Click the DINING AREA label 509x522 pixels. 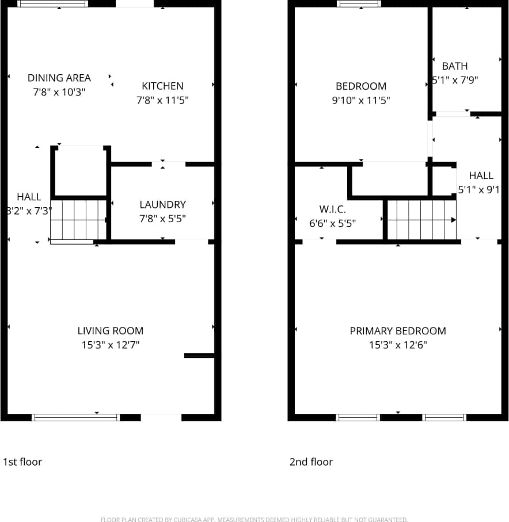coord(59,78)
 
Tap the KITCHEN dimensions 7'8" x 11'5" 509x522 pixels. coord(162,100)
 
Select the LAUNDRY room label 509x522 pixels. coord(162,204)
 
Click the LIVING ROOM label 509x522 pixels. coord(111,330)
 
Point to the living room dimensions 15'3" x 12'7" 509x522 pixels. coord(111,345)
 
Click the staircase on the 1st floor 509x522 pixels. coord(78,219)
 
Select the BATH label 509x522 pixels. coord(455,66)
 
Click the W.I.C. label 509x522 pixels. coord(332,209)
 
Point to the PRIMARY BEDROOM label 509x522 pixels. coord(398,331)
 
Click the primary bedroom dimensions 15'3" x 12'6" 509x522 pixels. coord(398,345)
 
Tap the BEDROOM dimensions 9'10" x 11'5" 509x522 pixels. coord(361,100)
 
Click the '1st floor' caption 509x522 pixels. coord(22,462)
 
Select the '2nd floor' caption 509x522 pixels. coord(311,462)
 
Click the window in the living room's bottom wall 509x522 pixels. coord(75,417)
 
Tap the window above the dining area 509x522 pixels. coord(52,3)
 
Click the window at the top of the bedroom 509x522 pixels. coord(359,3)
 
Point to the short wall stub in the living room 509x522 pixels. coord(199,356)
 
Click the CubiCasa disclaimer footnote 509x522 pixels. coord(254,519)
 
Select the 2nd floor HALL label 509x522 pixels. coord(481,176)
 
